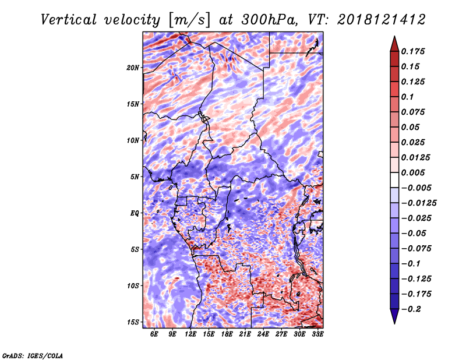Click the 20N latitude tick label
pyautogui.click(x=133, y=68)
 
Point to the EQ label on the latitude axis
pyautogui.click(x=135, y=213)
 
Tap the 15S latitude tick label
pyautogui.click(x=133, y=322)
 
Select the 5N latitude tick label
pyautogui.click(x=135, y=177)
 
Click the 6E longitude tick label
pyautogui.click(x=154, y=334)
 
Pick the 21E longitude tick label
pyautogui.click(x=245, y=334)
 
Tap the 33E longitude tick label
pyautogui.click(x=317, y=334)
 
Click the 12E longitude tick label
pyautogui.click(x=190, y=334)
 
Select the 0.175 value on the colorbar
pyautogui.click(x=413, y=51)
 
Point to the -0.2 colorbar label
pyautogui.click(x=411, y=309)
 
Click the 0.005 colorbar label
pyautogui.click(x=413, y=172)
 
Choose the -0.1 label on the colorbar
pyautogui.click(x=411, y=264)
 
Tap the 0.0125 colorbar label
pyautogui.click(x=416, y=157)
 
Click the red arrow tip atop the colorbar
pyautogui.click(x=394, y=37)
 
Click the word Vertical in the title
pyautogui.click(x=69, y=20)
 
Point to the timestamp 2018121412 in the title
pyautogui.click(x=382, y=20)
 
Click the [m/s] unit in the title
pyautogui.click(x=189, y=20)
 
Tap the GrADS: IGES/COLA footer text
pyautogui.click(x=33, y=355)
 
